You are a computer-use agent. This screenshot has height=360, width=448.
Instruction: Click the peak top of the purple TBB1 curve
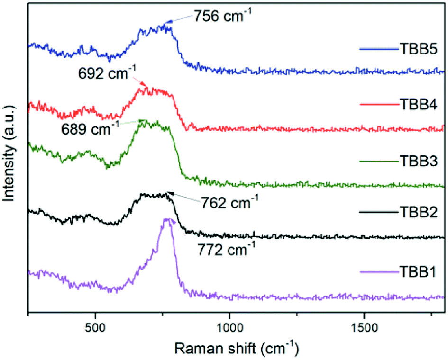tap(166, 219)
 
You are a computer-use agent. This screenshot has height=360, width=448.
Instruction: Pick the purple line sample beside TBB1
tap(377, 273)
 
